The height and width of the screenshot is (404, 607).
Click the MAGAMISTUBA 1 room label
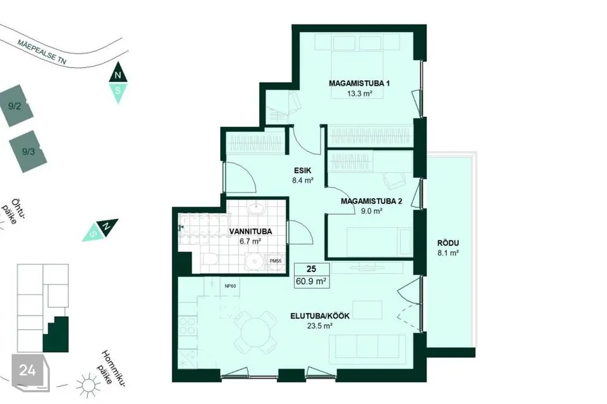359,83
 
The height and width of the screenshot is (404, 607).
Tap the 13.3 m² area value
360,93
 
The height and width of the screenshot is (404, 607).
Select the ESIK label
303,170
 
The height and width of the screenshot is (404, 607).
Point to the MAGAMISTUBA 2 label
371,201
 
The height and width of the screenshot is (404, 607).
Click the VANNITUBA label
250,232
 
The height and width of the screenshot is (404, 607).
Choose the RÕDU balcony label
448,243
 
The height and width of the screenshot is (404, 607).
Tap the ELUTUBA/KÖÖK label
320,316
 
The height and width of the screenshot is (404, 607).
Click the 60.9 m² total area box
311,281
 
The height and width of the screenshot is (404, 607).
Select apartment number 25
311,269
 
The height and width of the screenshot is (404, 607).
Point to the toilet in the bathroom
211,259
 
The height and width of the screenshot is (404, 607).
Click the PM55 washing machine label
276,261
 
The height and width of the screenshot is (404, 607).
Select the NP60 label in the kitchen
230,286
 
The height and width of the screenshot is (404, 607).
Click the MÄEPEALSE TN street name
42,52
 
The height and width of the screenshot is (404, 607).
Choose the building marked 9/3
28,151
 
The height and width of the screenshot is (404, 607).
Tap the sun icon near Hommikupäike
88,385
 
